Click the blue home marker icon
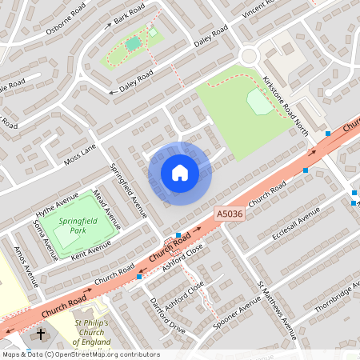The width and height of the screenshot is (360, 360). coord(180,173)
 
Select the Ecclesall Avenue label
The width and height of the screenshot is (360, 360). coord(295,224)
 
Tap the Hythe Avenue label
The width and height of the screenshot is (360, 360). coord(57,204)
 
